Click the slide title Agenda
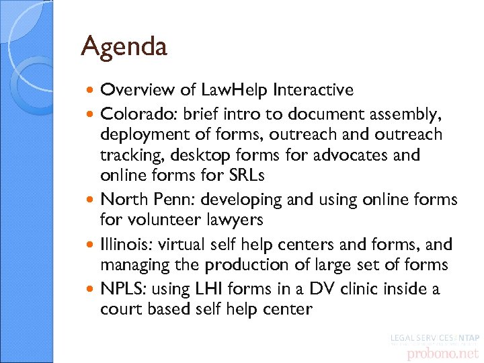pos(124,46)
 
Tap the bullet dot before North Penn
pos(92,200)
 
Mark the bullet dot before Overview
pos(92,90)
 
